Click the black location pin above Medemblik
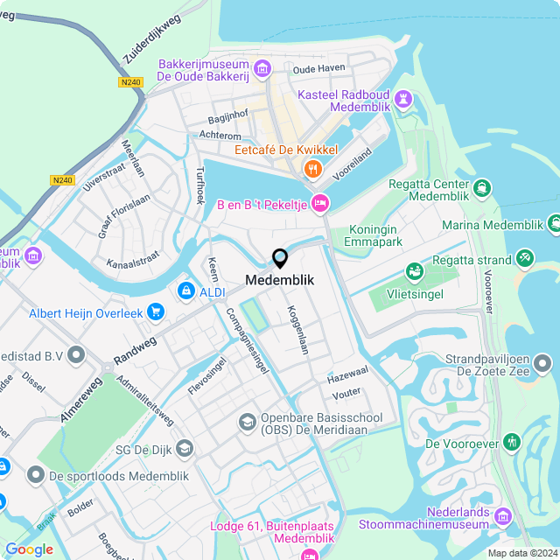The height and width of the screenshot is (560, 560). tap(280, 259)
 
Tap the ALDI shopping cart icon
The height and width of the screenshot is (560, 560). tap(185, 290)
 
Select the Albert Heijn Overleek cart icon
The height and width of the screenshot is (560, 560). tap(156, 311)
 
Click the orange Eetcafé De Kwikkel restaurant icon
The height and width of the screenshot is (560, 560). tap(311, 167)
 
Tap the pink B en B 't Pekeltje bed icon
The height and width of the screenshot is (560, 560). tap(320, 203)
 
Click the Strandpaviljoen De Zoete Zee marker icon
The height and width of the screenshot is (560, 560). tap(543, 362)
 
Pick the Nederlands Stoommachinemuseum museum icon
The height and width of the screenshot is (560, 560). tap(501, 516)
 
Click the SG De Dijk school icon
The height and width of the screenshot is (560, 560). tap(184, 449)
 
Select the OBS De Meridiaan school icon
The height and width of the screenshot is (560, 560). tap(248, 423)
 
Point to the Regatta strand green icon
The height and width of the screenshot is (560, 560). tap(524, 258)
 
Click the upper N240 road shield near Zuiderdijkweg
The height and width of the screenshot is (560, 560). tap(129, 82)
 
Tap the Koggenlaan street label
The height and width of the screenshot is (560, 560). tap(297, 330)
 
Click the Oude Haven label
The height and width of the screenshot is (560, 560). tap(318, 68)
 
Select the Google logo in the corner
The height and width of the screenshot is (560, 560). tap(29, 549)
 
